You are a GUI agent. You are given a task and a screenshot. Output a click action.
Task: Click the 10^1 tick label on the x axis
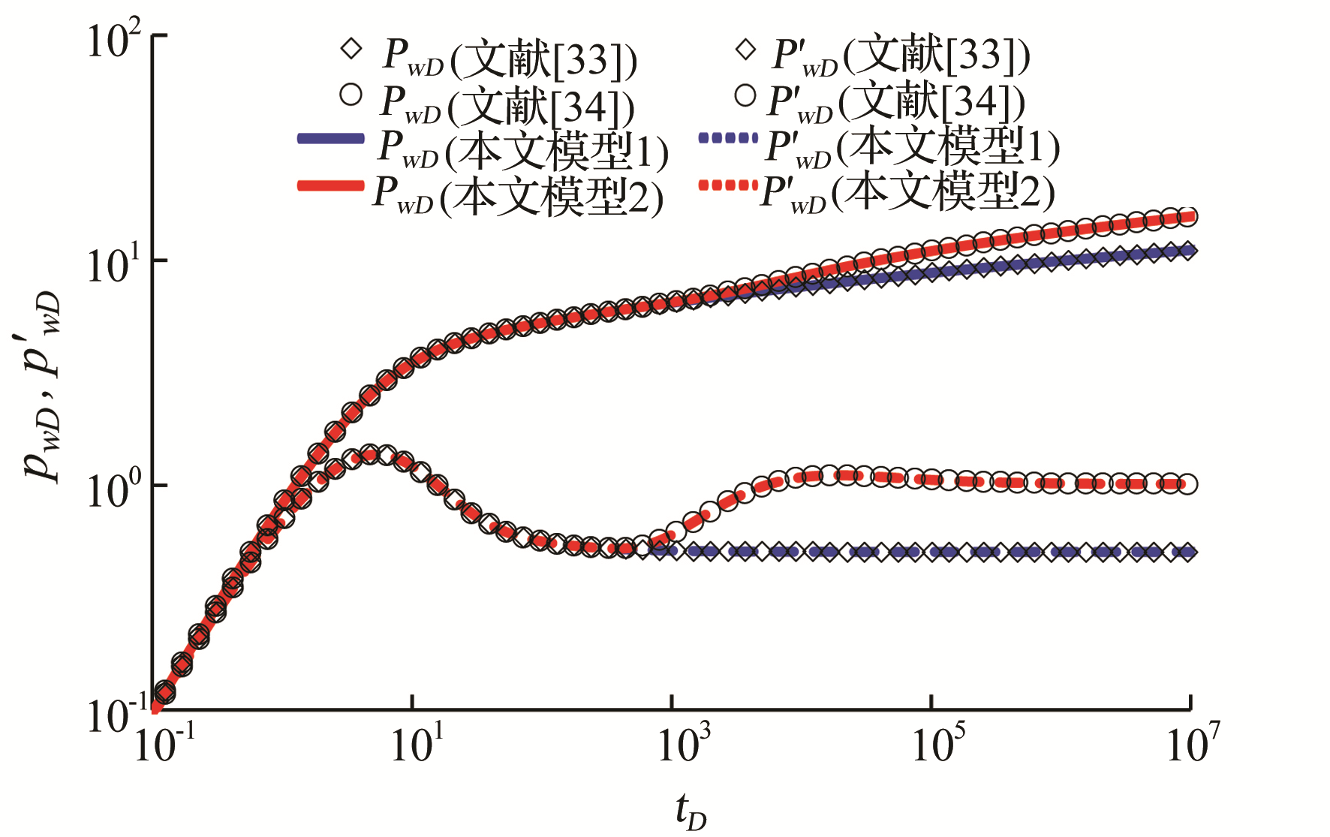tap(417, 743)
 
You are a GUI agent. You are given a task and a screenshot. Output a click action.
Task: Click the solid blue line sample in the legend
tap(331, 138)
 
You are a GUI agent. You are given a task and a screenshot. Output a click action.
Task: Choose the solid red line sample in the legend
tap(331, 185)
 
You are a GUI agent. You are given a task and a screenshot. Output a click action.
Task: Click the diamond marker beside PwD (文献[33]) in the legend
tap(351, 50)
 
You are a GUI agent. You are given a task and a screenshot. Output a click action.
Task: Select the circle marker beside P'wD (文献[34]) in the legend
tap(745, 95)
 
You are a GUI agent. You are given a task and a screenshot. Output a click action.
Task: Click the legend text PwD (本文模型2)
tap(518, 195)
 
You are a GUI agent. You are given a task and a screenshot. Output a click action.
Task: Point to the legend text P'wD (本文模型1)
tap(913, 147)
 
